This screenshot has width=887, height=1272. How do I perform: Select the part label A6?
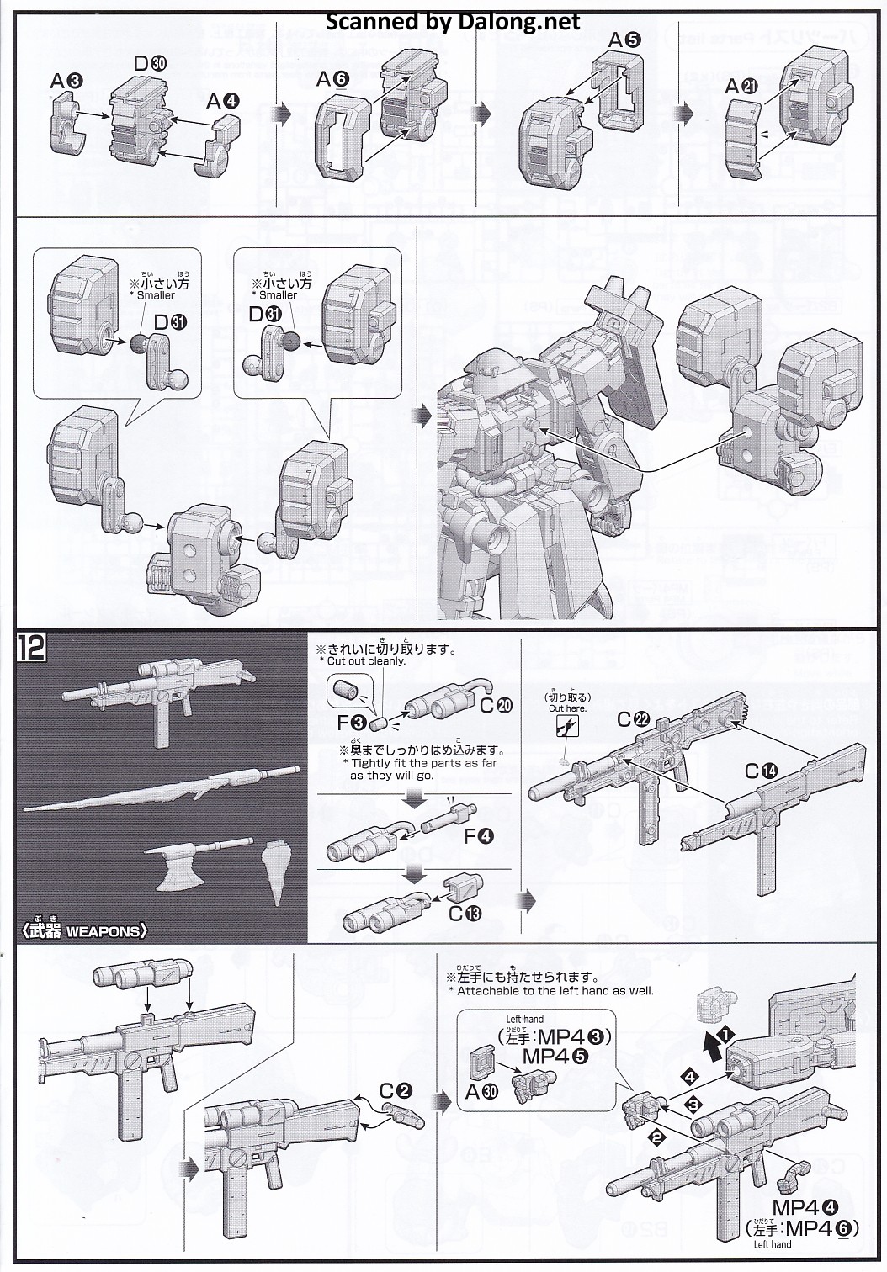(332, 79)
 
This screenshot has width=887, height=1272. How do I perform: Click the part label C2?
(395, 1091)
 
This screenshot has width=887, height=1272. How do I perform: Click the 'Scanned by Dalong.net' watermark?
(453, 22)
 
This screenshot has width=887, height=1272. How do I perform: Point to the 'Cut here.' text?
(567, 708)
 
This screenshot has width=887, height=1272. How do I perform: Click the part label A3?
(66, 81)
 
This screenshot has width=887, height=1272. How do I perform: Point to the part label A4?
(223, 102)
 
